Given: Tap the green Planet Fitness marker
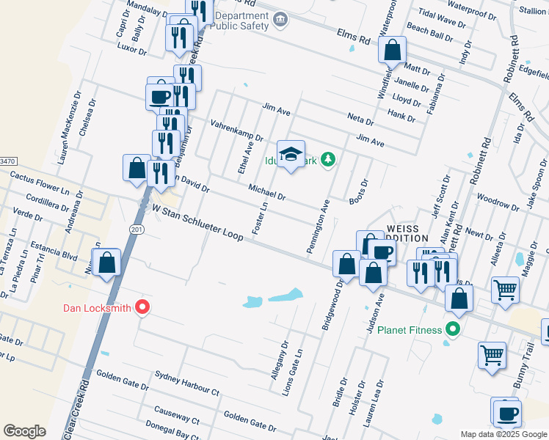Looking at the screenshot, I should pos(453,329).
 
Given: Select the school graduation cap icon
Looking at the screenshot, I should pos(291,154).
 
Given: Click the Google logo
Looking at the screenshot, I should pos(24,431).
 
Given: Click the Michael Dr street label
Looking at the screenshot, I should pos(266,192).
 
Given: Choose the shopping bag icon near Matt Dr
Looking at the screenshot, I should pos(393,50).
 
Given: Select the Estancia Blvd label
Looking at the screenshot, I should pos(59,257).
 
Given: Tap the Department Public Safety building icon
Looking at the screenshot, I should pos(280,19).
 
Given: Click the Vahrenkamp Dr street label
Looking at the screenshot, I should pos(236,131).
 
